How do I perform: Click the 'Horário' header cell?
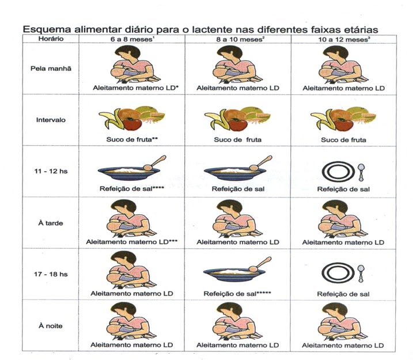[x=50, y=39]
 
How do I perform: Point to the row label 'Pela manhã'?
[x=50, y=67]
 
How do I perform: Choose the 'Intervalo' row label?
[x=50, y=121]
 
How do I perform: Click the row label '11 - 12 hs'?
[x=50, y=171]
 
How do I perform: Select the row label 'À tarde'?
[x=50, y=222]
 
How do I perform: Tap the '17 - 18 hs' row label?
[x=50, y=274]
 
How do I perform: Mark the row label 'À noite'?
[x=50, y=325]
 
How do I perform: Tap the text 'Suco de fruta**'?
[x=130, y=140]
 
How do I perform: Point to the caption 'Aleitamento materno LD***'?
[x=131, y=242]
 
